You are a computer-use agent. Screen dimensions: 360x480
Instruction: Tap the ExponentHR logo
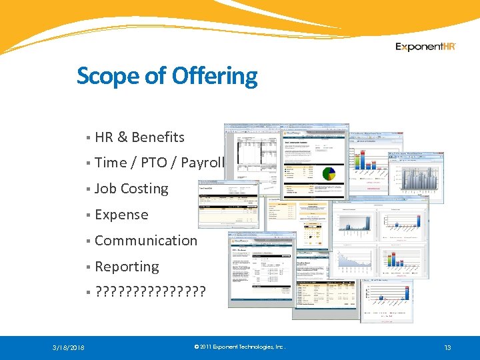425,47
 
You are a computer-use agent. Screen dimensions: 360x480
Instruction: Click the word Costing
145,189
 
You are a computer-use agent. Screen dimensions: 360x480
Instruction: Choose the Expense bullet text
121,215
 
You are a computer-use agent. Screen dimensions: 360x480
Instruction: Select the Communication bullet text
146,241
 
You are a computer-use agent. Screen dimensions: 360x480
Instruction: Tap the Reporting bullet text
127,267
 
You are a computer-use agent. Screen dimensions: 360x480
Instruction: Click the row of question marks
151,292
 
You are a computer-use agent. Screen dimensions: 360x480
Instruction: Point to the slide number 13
448,347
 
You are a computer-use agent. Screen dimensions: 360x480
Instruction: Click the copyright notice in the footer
239,347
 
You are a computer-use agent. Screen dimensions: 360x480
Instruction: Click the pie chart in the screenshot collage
328,174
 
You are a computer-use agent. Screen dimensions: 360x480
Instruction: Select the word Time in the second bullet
111,163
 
